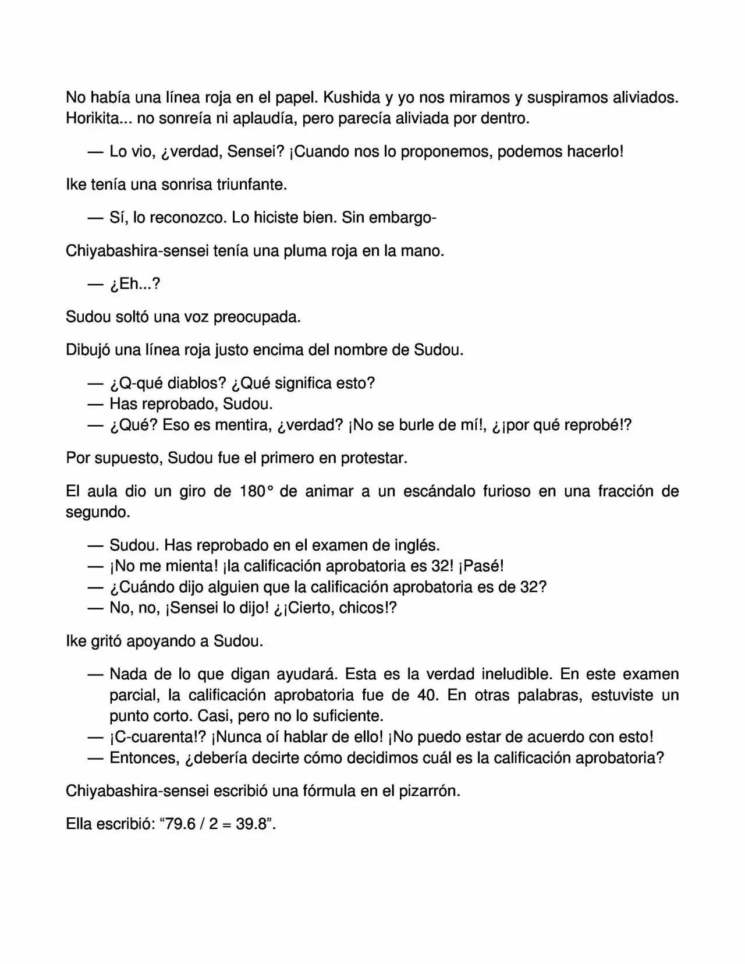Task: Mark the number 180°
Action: click(x=256, y=491)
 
